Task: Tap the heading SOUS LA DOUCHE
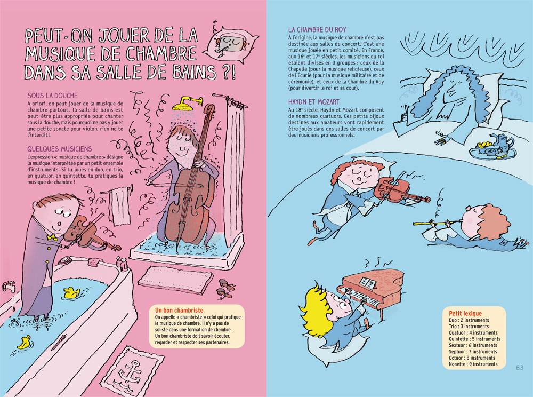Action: pos(53,96)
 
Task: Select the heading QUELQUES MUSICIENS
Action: pos(60,149)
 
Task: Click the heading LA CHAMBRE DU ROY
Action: pos(317,29)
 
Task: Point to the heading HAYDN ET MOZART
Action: pos(314,102)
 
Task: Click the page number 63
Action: pos(520,368)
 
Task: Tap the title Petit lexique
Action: pos(465,313)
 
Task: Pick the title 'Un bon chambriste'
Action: pos(179,310)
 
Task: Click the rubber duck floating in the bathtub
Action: pos(71,293)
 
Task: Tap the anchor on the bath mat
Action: pos(131,372)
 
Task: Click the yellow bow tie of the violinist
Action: pos(52,237)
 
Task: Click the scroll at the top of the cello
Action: pos(209,110)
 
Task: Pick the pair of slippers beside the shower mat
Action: pos(225,288)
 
